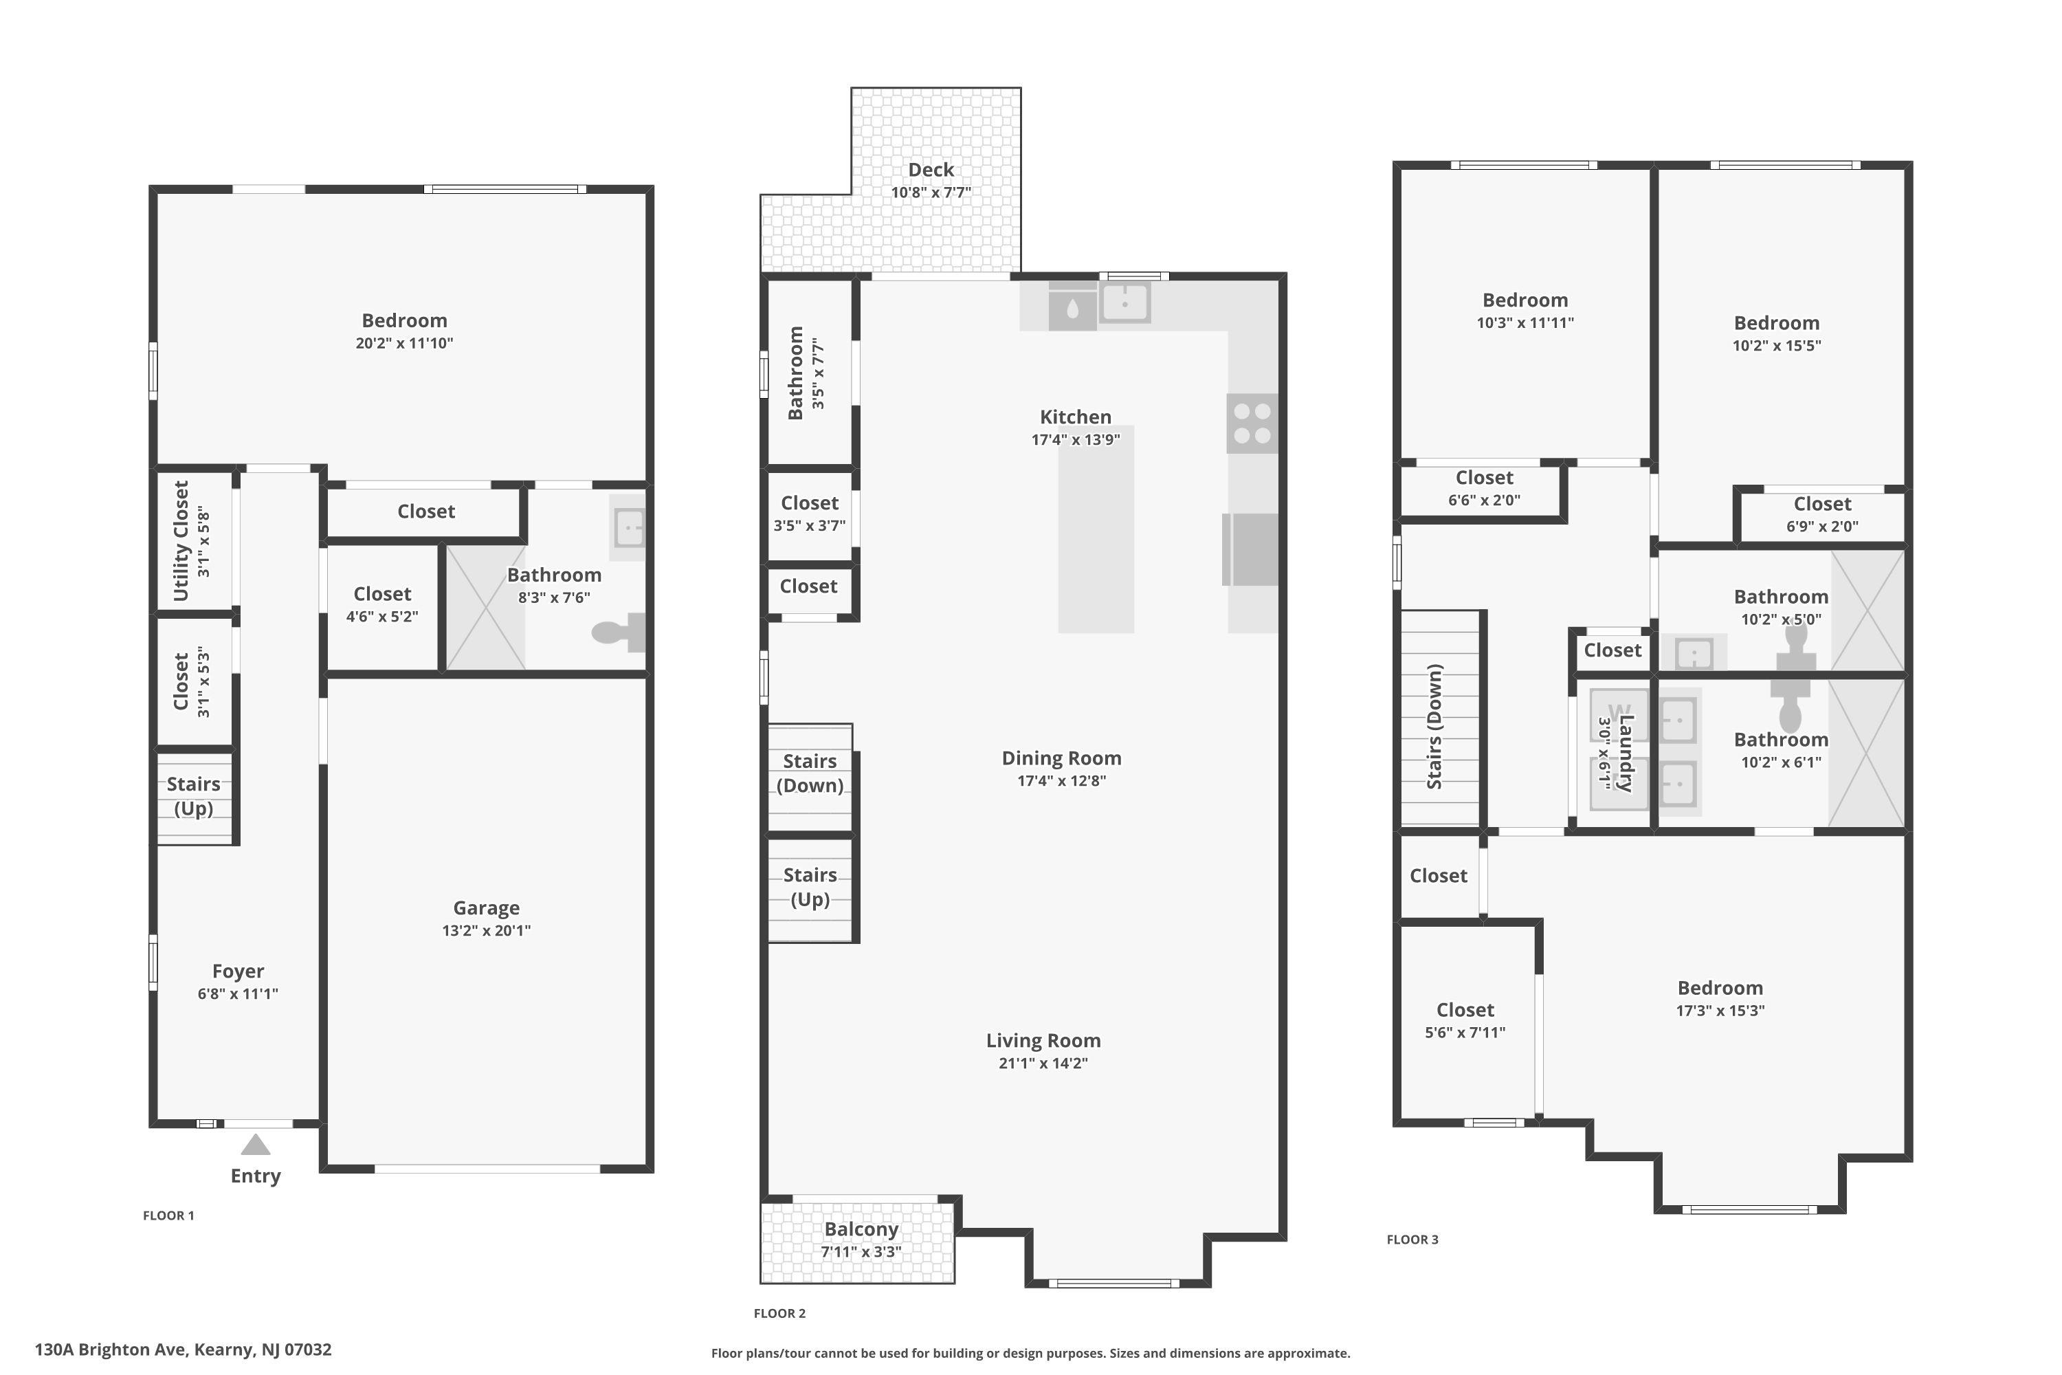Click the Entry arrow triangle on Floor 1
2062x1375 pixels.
(255, 1145)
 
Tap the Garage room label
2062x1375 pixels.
(487, 907)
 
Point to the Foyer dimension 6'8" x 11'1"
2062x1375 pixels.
(238, 993)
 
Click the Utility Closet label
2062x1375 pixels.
(181, 540)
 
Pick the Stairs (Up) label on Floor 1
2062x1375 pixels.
(194, 796)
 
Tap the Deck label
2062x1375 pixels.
(931, 170)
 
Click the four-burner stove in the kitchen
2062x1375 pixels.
(1252, 423)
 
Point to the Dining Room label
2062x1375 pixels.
(1062, 758)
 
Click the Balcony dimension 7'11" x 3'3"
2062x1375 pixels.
(861, 1252)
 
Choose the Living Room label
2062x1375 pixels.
(1043, 1041)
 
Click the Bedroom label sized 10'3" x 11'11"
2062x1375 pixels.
(1525, 300)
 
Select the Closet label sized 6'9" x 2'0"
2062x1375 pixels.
(1823, 504)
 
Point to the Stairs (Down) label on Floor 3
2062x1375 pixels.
(1435, 726)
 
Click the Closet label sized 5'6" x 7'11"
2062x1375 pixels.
(1465, 1010)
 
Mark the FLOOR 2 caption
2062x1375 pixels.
(779, 1312)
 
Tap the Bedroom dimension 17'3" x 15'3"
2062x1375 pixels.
(1720, 1010)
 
